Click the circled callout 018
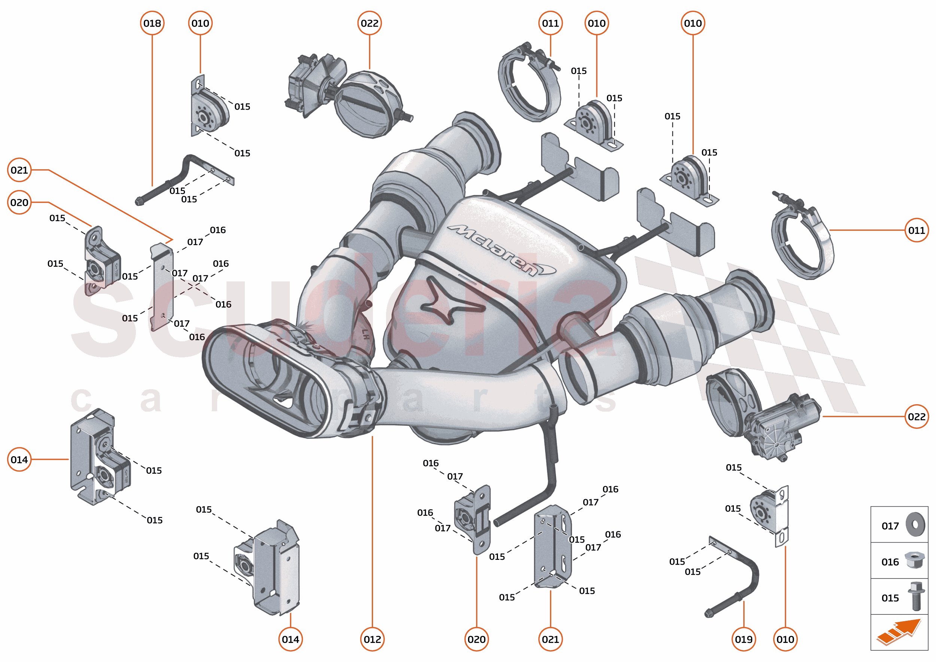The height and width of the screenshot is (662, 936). click(x=152, y=23)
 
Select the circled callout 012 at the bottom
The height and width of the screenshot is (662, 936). click(x=372, y=639)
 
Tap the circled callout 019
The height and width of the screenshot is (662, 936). click(x=744, y=639)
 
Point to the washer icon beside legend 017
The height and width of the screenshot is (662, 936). click(x=915, y=525)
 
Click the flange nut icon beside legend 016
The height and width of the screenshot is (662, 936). click(x=914, y=561)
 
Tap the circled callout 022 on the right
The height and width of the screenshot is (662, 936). click(x=917, y=417)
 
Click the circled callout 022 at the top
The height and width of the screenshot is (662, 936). click(x=370, y=23)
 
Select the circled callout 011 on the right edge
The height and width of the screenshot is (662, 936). click(x=917, y=230)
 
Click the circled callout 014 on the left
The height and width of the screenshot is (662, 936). click(x=19, y=460)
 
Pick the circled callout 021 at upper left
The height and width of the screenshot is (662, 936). click(x=19, y=170)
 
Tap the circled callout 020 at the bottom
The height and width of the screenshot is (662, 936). click(x=476, y=639)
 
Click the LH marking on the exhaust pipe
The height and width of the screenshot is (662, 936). click(x=365, y=335)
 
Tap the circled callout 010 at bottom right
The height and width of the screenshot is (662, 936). click(x=785, y=639)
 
